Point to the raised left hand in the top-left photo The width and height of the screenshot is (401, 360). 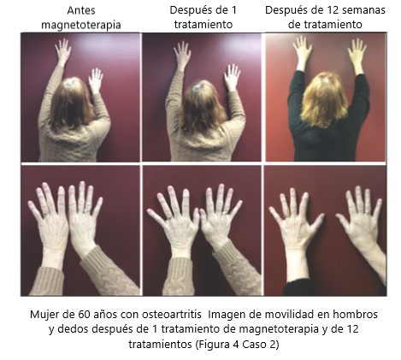pyautogui.click(x=62, y=53)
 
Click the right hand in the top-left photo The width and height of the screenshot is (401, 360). pyautogui.click(x=96, y=81)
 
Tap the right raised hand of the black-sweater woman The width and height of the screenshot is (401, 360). pyautogui.click(x=357, y=54)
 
